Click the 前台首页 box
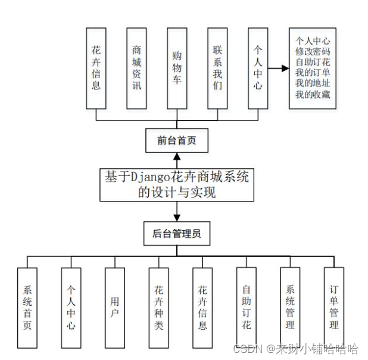click(176, 141)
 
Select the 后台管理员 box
click(176, 234)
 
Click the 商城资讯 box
click(136, 67)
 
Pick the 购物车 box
click(177, 67)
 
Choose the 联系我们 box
click(217, 67)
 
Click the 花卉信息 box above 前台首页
click(96, 67)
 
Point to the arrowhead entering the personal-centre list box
click(285, 68)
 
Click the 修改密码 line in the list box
click(313, 52)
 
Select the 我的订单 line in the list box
click(313, 73)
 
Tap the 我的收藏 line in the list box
click(313, 95)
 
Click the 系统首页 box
click(27, 308)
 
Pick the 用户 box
click(115, 308)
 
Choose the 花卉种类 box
click(159, 308)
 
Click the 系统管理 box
click(290, 308)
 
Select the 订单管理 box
click(334, 308)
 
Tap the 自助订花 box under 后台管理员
click(247, 308)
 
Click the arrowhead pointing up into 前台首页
click(177, 157)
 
